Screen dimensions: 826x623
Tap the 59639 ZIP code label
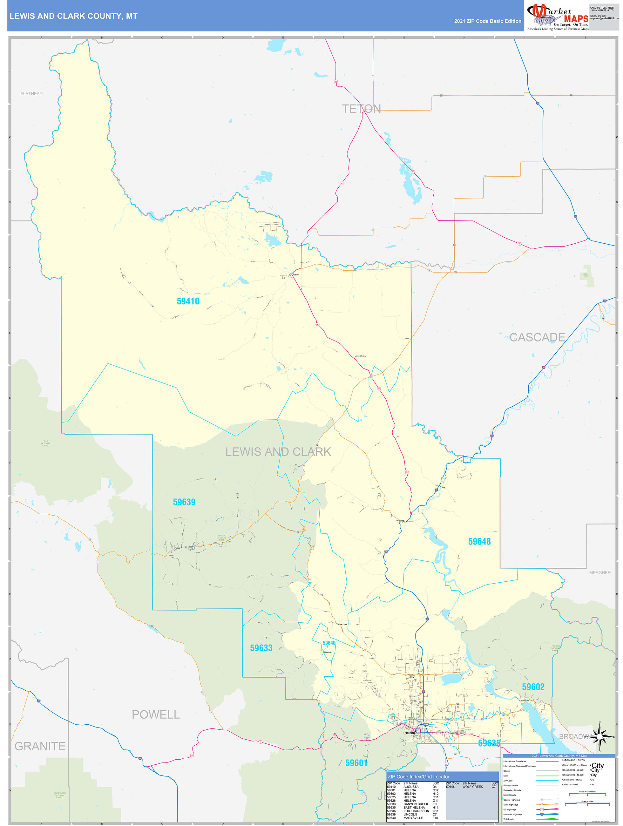[x=184, y=502]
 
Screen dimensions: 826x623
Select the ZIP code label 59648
[x=479, y=541]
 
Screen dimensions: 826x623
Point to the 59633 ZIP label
[x=261, y=648]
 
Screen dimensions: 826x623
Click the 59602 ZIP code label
[x=533, y=687]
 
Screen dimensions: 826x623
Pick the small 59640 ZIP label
[x=329, y=643]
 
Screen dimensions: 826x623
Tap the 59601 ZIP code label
[x=356, y=763]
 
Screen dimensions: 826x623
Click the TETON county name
[x=361, y=109]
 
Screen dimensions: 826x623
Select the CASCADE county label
[x=537, y=337]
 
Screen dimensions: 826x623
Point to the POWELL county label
[x=156, y=714]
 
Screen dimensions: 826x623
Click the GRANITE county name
[x=40, y=746]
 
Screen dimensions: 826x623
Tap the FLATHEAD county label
[x=31, y=94]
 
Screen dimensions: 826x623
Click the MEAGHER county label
[x=600, y=572]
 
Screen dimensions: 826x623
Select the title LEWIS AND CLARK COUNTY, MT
[x=74, y=16]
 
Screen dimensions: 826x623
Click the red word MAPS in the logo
[x=576, y=19]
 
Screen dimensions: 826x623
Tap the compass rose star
[x=599, y=736]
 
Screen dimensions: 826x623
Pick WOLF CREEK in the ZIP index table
[x=472, y=787]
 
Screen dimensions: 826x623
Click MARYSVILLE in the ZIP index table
[x=413, y=818]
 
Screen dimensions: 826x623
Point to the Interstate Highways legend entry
[x=513, y=815]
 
